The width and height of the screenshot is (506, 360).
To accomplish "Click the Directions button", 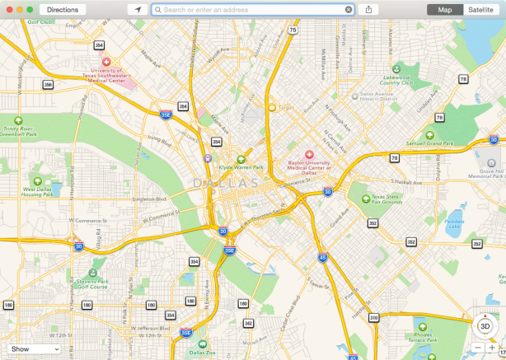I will click(63, 10).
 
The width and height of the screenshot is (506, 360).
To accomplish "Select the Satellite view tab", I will click(480, 10).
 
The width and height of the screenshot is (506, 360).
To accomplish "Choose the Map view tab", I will click(445, 10).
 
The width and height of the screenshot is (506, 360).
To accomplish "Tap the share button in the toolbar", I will click(370, 10).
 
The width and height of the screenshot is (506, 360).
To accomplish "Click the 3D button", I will click(485, 326).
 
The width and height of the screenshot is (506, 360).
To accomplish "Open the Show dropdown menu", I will click(35, 349).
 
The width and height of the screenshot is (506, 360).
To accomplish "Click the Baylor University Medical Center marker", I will click(310, 155).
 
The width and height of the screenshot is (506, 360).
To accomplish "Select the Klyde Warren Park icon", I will click(241, 160).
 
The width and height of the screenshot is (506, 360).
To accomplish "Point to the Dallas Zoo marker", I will click(203, 344).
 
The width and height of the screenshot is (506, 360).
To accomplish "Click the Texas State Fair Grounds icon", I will click(364, 198).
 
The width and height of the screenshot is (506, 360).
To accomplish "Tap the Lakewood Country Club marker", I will click(396, 68).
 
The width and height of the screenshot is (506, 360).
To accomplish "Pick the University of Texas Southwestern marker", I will click(105, 63).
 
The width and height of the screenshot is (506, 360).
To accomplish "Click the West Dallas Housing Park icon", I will click(37, 180).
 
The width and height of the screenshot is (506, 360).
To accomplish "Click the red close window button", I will click(9, 10).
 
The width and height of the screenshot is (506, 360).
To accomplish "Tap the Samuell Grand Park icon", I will click(429, 135).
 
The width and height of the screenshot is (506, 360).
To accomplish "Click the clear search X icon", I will click(349, 10).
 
